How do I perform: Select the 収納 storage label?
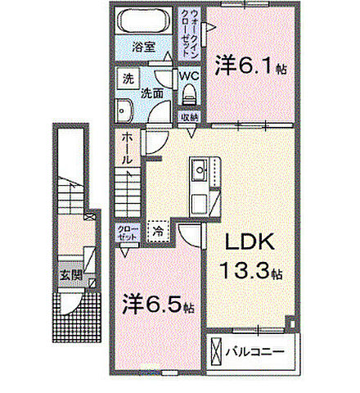190,116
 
